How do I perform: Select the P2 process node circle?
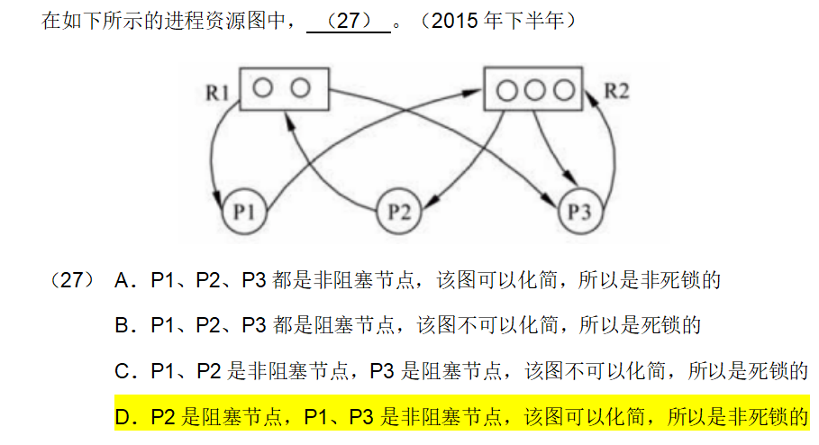point(399,213)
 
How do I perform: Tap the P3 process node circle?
point(578,213)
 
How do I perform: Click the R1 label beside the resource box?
point(219,91)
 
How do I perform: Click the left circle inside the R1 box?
point(263,87)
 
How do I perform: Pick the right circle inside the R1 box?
point(300,87)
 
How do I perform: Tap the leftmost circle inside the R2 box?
point(508,90)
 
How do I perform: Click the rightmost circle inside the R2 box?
point(563,90)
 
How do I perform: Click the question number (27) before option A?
point(71,280)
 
